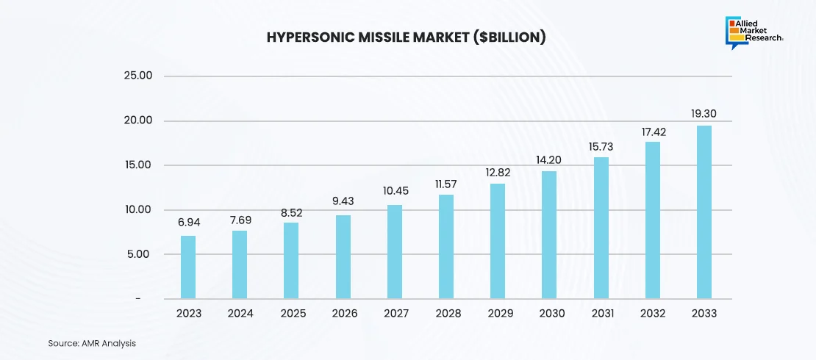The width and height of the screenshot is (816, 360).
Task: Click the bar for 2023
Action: pyautogui.click(x=188, y=267)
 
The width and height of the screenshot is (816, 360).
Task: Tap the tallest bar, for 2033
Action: pyautogui.click(x=704, y=212)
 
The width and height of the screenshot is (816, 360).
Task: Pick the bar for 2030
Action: pyautogui.click(x=548, y=235)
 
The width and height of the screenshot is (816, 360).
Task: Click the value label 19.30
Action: pyautogui.click(x=704, y=114)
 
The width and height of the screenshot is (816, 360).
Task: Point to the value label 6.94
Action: pyautogui.click(x=188, y=223)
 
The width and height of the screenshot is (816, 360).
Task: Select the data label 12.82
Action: pyautogui.click(x=498, y=172)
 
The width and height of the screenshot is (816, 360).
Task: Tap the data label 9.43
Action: pyautogui.click(x=343, y=201)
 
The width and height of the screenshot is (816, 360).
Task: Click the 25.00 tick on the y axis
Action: pyautogui.click(x=137, y=76)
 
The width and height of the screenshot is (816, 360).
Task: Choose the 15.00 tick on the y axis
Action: pyautogui.click(x=137, y=165)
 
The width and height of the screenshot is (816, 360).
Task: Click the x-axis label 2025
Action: pyautogui.click(x=292, y=314)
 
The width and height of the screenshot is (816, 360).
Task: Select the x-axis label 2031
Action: pyautogui.click(x=601, y=314)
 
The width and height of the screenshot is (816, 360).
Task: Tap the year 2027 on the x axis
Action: pyautogui.click(x=396, y=314)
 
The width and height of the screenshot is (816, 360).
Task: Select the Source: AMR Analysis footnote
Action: pyautogui.click(x=92, y=343)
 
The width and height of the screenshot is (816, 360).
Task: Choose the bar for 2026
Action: pyautogui.click(x=343, y=257)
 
